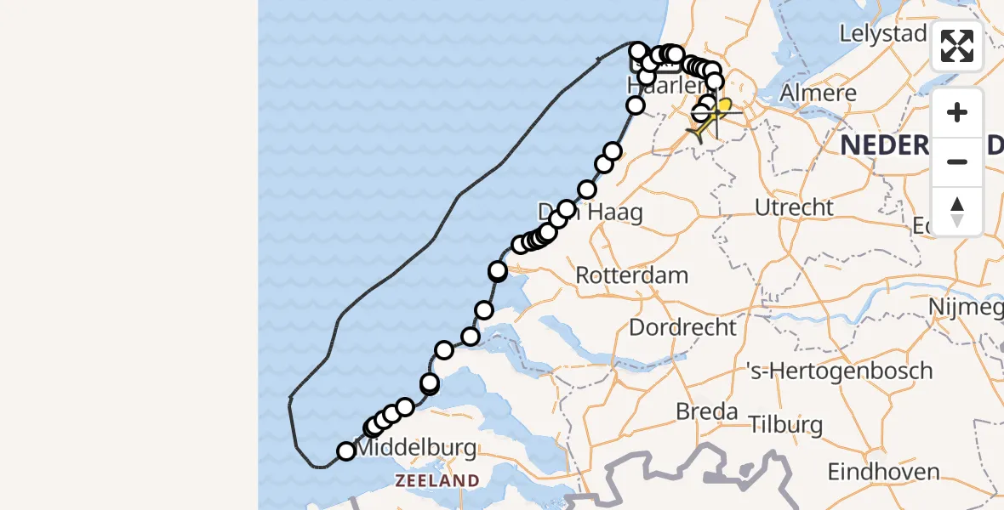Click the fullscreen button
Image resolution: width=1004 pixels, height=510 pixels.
(957, 46)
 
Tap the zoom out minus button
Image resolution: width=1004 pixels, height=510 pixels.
(957, 161)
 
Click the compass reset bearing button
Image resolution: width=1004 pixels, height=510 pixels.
(957, 211)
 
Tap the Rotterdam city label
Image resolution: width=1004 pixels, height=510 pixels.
(632, 275)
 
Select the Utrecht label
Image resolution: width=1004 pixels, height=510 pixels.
(794, 207)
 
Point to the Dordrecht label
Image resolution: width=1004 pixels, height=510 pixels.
(682, 326)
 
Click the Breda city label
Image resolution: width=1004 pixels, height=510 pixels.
(706, 412)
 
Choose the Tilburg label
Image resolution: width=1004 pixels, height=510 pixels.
(787, 424)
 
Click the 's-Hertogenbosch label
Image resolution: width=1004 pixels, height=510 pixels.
(839, 371)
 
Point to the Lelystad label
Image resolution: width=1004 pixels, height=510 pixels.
(882, 34)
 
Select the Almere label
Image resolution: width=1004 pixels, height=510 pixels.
(818, 93)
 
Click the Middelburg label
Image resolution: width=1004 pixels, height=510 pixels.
(414, 448)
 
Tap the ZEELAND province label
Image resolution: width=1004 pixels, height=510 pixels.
(437, 481)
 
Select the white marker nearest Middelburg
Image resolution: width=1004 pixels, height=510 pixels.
(346, 451)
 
